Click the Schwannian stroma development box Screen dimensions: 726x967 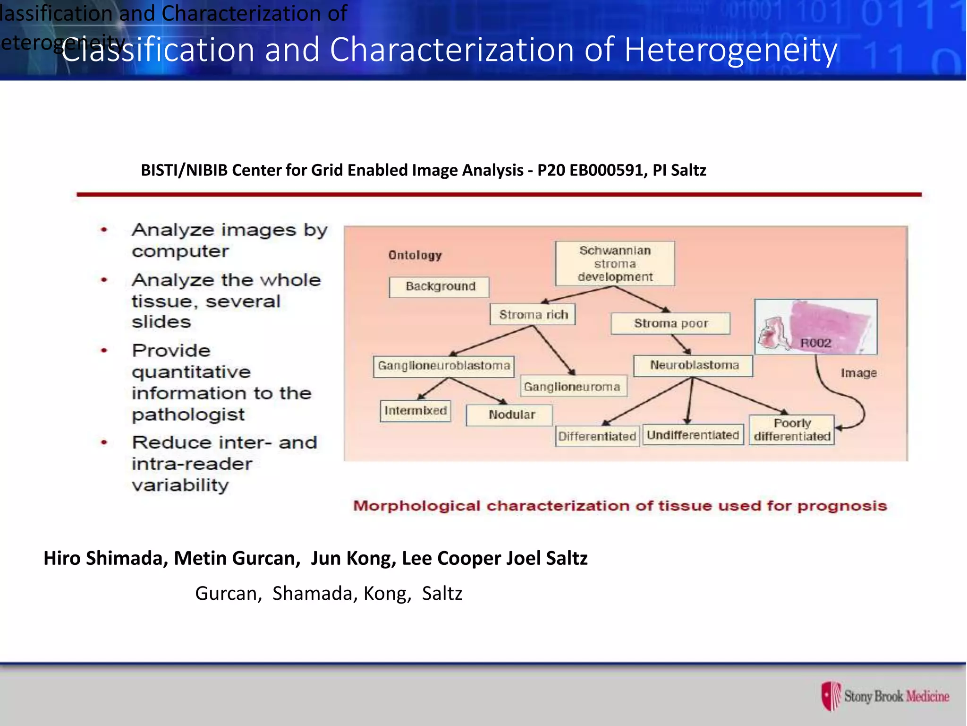coord(615,263)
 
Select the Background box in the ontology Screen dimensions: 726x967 coord(439,286)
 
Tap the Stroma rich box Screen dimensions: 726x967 coord(533,315)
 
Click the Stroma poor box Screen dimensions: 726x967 coord(670,323)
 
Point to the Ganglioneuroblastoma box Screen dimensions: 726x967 coord(443,366)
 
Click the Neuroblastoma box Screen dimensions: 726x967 coord(693,365)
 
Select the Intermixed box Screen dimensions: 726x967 coord(416,410)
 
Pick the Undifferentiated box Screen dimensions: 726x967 coord(692,435)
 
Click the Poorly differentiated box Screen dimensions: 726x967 coord(792,430)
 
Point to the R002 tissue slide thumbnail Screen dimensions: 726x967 coord(815,327)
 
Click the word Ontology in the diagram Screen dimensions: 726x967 coord(415,255)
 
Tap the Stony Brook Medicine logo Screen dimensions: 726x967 coord(885,696)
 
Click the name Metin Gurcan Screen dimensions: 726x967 coord(237,558)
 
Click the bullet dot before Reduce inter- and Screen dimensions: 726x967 coord(104,442)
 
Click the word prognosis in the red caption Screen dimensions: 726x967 coord(842,506)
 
